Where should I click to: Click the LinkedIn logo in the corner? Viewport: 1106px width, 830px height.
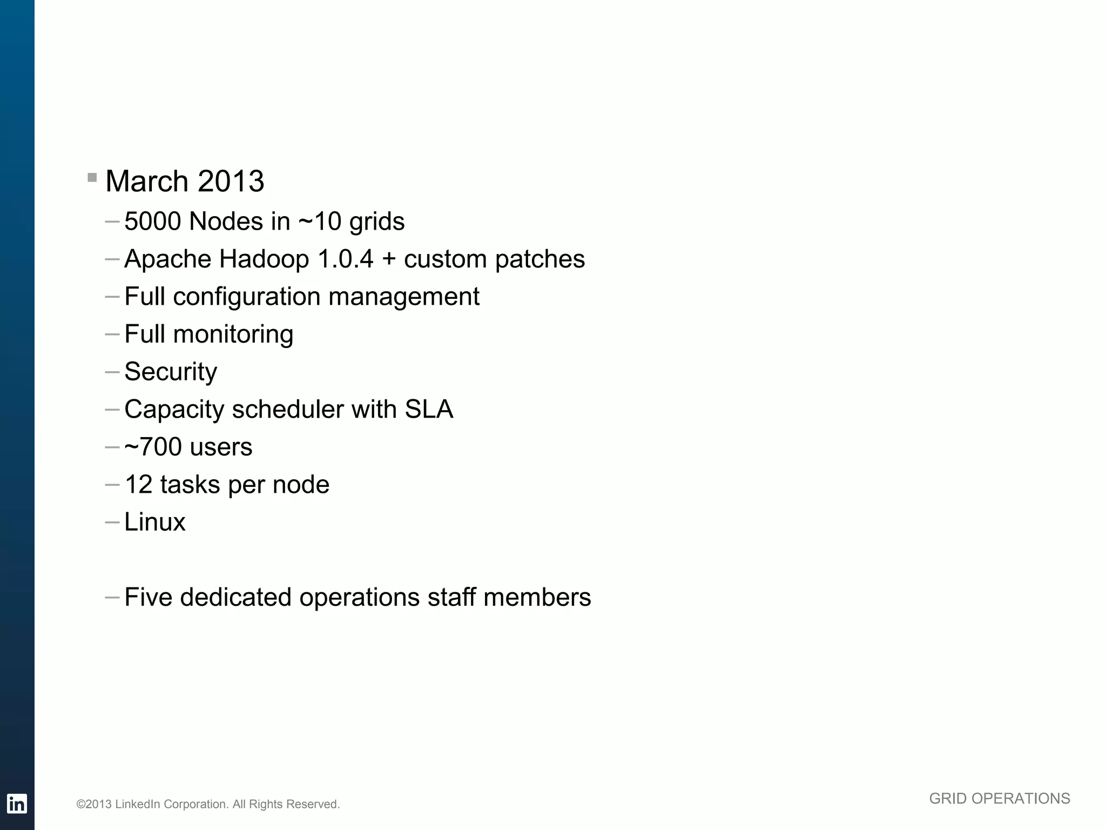[x=17, y=804]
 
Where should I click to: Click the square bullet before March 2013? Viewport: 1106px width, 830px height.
[x=92, y=177]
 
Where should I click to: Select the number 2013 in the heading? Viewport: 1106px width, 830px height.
[x=231, y=181]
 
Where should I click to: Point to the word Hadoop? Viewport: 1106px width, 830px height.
[x=264, y=259]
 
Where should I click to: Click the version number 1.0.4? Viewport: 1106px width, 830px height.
[x=346, y=259]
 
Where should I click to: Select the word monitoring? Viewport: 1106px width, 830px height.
[x=233, y=334]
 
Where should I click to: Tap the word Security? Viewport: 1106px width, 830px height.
[x=171, y=372]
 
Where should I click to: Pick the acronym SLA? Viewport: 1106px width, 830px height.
[x=429, y=410]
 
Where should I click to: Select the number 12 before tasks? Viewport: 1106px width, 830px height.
[x=138, y=485]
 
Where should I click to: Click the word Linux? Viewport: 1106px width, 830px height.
[x=155, y=523]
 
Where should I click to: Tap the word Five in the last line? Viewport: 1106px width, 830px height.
[x=148, y=598]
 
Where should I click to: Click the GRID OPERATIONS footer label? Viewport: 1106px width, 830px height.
[x=999, y=799]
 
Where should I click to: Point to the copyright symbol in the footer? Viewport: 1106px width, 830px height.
[x=81, y=805]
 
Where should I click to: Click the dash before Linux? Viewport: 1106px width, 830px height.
[x=112, y=523]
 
